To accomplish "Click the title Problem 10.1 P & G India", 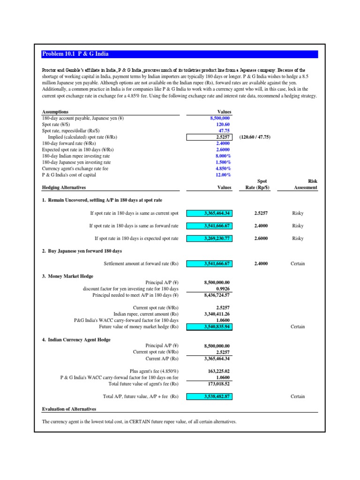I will click(x=75, y=54).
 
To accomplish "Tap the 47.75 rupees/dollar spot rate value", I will click(x=225, y=131).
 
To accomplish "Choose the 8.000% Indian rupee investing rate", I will click(x=223, y=156).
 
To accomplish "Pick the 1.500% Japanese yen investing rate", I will click(x=223, y=162).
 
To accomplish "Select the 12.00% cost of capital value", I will click(x=223, y=175).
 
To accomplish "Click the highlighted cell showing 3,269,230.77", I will click(x=210, y=238).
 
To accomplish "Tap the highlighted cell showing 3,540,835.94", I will click(x=210, y=327).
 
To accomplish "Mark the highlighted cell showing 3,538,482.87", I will click(x=210, y=396).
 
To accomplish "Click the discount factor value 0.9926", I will click(x=222, y=289).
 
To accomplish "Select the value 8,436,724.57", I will click(x=217, y=295).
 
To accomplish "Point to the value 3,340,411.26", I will click(x=217, y=314).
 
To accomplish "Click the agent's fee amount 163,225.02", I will click(x=219, y=371).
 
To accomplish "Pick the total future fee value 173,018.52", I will click(x=219, y=383).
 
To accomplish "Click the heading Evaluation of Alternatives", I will click(x=69, y=409).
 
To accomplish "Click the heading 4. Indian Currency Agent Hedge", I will click(x=76, y=339).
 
